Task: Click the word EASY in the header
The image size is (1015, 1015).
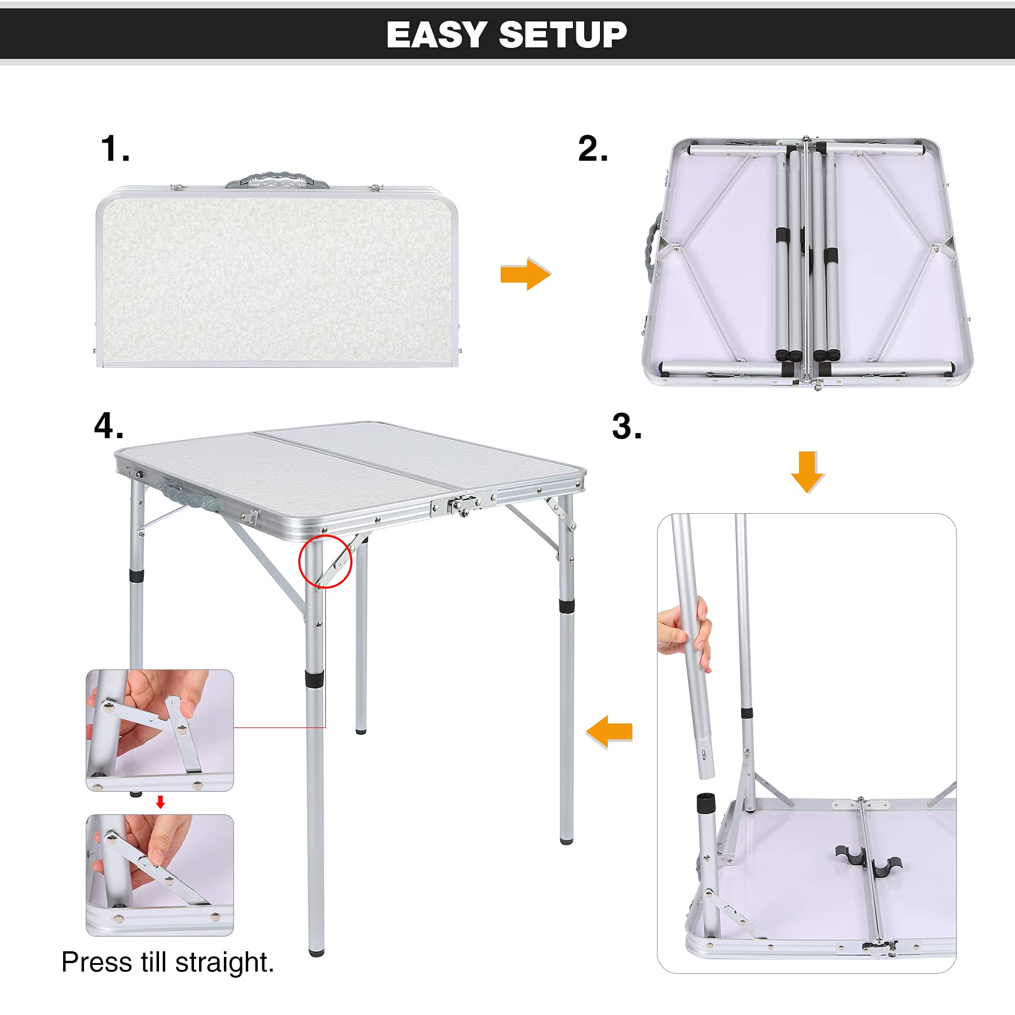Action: (436, 34)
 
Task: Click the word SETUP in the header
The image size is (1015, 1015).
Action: (563, 34)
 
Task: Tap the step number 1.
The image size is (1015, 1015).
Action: (115, 148)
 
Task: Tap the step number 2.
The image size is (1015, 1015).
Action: (593, 148)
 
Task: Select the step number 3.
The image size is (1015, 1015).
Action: (627, 426)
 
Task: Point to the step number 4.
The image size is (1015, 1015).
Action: (109, 425)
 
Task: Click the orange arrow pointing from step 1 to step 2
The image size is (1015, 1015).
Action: (526, 274)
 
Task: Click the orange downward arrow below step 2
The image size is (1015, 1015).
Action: (807, 472)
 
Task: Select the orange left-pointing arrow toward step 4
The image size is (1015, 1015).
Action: (610, 732)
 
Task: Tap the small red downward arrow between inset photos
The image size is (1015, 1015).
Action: (160, 802)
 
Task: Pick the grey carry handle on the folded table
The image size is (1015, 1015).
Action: (277, 182)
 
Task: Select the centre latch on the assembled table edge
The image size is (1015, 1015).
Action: (461, 505)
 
